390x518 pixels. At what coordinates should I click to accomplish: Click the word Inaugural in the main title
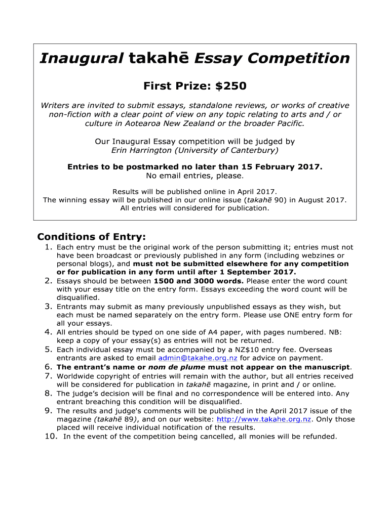pyautogui.click(x=81, y=59)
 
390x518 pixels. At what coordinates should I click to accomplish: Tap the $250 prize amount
pyautogui.click(x=230, y=87)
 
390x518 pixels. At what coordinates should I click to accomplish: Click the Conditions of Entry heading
pyautogui.click(x=92, y=237)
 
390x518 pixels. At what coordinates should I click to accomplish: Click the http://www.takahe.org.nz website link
pyautogui.click(x=263, y=419)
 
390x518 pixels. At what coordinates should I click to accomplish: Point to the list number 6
pyautogui.click(x=49, y=367)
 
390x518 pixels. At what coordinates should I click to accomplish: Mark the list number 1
pyautogui.click(x=49, y=247)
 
